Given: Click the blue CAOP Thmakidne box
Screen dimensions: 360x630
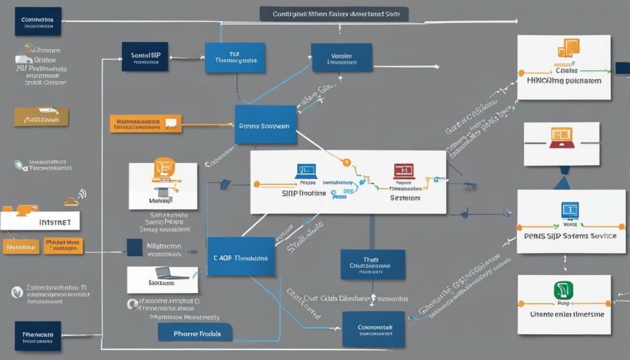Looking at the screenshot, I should click(241, 258).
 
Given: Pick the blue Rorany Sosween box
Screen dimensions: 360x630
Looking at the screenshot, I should click(265, 125).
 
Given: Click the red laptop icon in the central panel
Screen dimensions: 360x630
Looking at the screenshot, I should click(403, 170).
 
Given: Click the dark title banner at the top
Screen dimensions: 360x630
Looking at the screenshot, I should click(333, 14).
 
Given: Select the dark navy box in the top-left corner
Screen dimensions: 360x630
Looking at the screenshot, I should click(38, 21).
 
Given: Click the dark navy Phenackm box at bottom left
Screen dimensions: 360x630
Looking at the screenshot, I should click(38, 336).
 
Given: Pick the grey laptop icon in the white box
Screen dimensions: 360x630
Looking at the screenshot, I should click(163, 273).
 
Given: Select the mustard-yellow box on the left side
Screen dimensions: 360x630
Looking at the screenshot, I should click(41, 117).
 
